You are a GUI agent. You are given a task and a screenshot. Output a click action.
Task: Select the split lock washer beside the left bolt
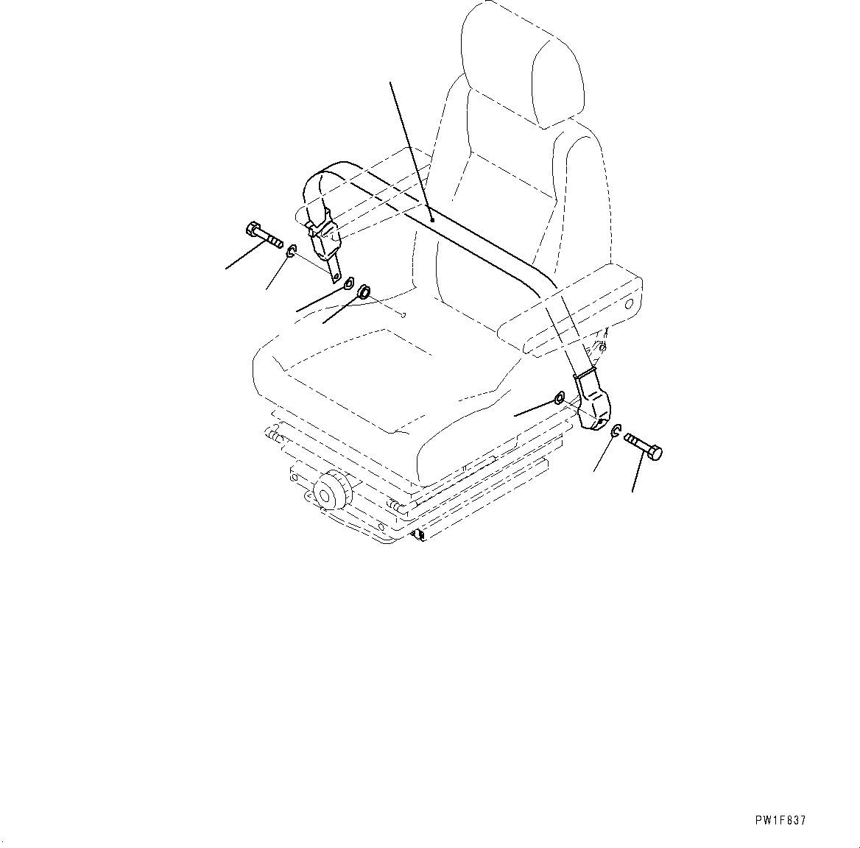point(291,252)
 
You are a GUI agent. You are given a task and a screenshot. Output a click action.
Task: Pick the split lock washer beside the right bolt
point(616,431)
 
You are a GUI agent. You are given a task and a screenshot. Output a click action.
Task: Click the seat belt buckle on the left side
point(325,239)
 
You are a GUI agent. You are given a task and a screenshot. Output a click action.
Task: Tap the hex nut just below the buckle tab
point(348,283)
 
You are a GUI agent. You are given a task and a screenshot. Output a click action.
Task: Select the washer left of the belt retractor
point(559,397)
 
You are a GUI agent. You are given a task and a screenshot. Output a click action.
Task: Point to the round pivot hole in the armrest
point(629,303)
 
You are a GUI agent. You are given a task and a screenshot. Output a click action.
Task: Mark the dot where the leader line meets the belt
point(432,220)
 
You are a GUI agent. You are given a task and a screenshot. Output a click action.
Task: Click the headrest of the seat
point(521,66)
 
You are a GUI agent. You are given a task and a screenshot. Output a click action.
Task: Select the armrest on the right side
point(571,310)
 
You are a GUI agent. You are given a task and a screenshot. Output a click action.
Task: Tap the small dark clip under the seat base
point(419,534)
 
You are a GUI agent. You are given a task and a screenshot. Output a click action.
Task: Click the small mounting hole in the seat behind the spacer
point(403,314)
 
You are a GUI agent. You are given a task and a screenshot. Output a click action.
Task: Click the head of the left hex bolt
point(252,230)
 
